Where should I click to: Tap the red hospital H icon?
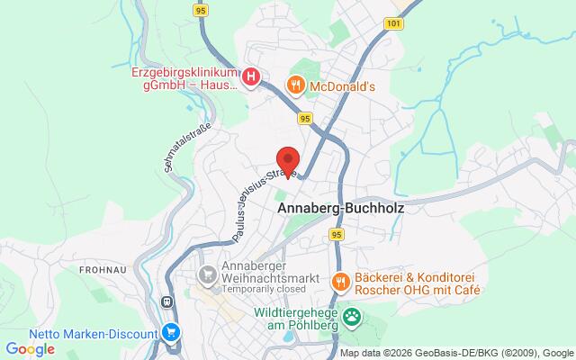click(252, 77)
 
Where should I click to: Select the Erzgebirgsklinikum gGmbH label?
click(184, 78)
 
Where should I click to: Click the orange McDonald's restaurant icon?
click(294, 85)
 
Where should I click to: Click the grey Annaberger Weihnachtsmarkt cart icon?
click(209, 273)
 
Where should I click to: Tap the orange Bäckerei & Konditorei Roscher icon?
click(341, 283)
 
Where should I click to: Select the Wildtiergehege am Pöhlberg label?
click(282, 317)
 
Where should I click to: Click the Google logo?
click(31, 348)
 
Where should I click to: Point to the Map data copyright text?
click(455, 353)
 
